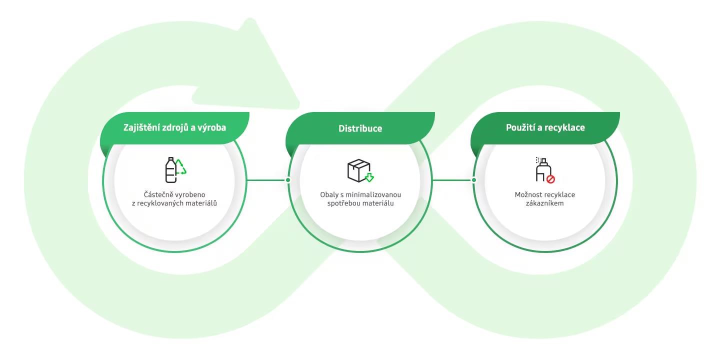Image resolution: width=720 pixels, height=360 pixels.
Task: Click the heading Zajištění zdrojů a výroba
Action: point(174,128)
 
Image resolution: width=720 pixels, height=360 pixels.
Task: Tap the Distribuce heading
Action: point(360,128)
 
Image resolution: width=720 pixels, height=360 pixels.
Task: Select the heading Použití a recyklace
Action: point(545,128)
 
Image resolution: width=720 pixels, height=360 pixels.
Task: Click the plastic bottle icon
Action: point(170,170)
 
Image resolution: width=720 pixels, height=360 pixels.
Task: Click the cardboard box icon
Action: point(358,170)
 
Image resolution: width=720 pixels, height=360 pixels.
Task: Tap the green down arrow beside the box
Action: point(369,177)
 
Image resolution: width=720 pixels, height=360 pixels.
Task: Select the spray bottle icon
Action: point(543,169)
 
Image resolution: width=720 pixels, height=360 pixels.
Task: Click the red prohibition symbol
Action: point(550,179)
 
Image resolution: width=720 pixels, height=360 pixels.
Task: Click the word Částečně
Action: point(158,194)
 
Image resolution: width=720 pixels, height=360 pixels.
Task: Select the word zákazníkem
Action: point(545,203)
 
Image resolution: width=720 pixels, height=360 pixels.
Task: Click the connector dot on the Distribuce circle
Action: point(288,180)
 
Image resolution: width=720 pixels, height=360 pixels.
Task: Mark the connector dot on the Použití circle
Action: point(474,180)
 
